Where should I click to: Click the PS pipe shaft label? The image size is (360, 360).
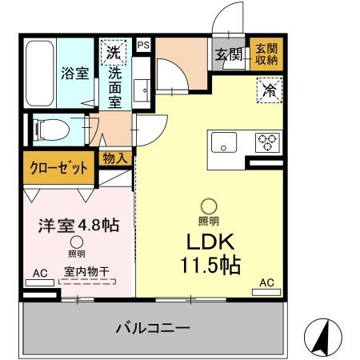click(143, 46)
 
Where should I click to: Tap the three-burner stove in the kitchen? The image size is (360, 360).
click(266, 142)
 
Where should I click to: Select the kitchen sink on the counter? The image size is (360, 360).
click(222, 144)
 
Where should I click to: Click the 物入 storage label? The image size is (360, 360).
click(114, 158)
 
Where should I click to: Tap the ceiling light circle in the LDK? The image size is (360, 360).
click(208, 206)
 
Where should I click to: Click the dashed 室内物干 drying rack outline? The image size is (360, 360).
click(88, 282)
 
